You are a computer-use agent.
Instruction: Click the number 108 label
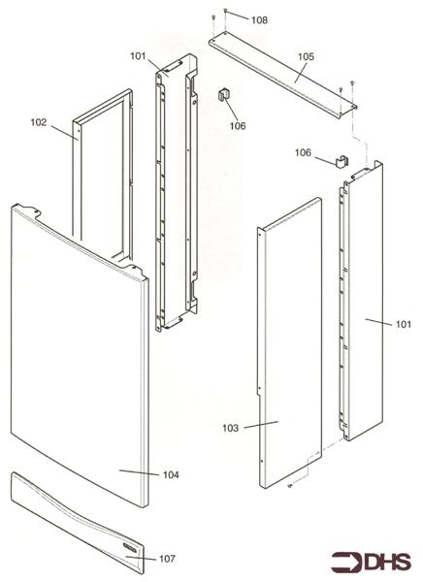pos(259,20)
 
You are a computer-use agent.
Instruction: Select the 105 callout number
pos(306,57)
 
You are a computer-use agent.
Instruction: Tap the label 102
pos(39,122)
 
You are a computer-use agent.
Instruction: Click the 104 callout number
pos(170,474)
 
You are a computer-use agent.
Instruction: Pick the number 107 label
pos(167,559)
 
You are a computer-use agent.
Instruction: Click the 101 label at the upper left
pos(138,55)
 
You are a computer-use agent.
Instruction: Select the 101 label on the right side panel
pos(404,324)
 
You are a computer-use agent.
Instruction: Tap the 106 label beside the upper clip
pos(237,125)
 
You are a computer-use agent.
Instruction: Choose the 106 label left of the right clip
pos(304,152)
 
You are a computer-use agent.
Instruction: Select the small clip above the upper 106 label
pos(223,94)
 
